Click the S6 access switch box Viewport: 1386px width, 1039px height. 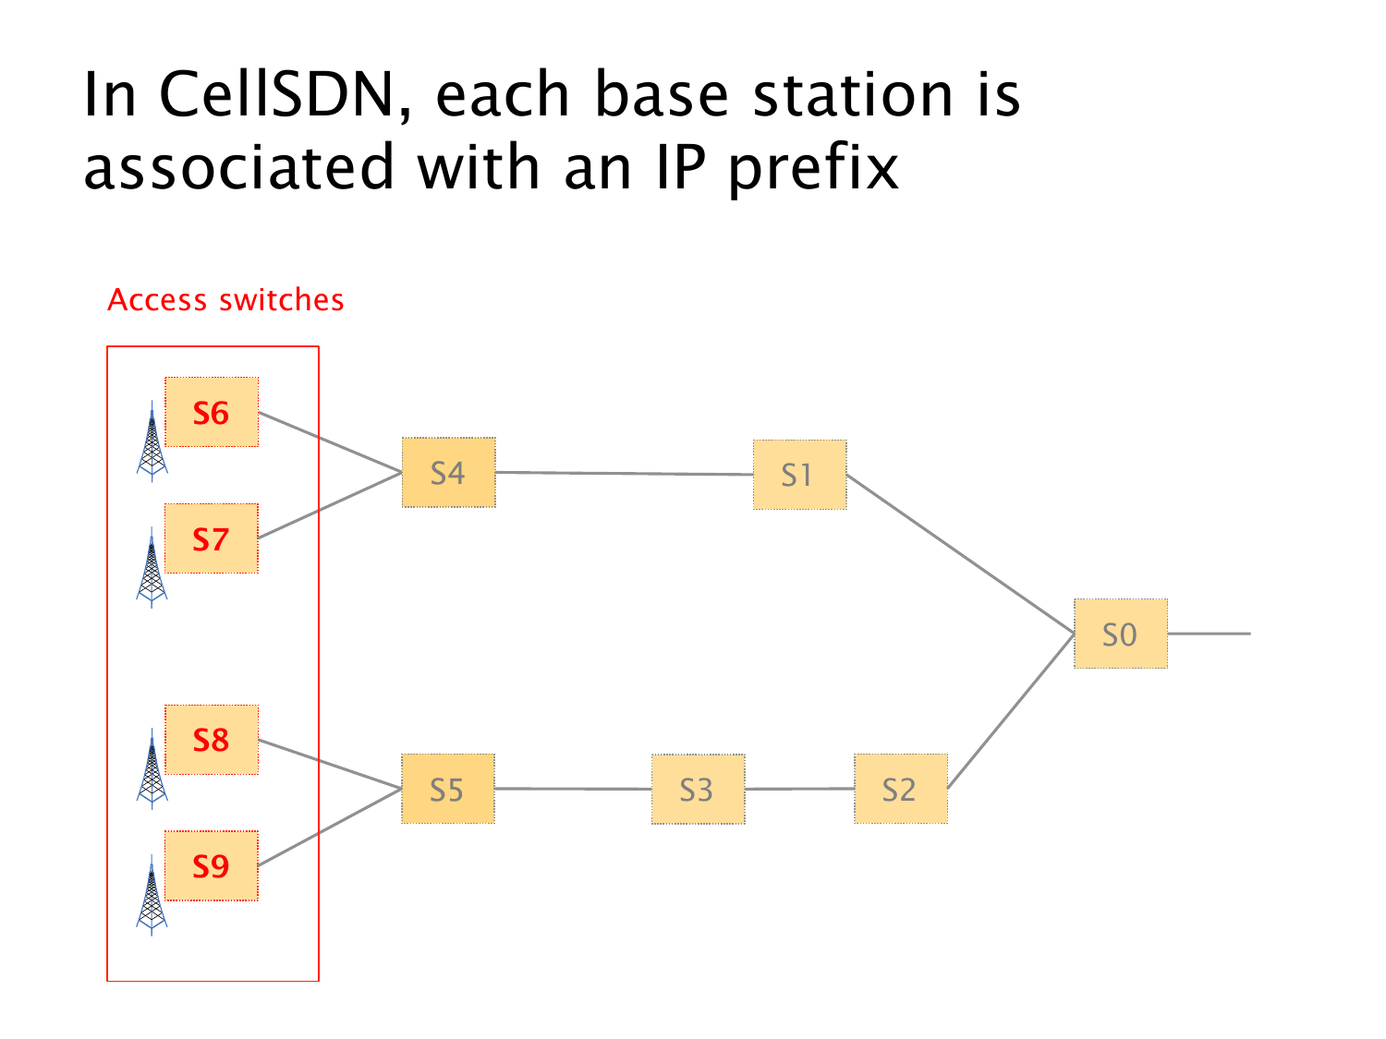[x=212, y=412]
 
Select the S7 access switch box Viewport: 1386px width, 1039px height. [x=212, y=538]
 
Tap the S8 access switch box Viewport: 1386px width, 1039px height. [x=212, y=740]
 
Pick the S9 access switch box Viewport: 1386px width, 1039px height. [x=212, y=865]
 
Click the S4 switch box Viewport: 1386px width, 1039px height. [x=448, y=473]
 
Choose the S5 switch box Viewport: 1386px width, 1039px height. [x=448, y=790]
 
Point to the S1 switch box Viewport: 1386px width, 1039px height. [x=799, y=475]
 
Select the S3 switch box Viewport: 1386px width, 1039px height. [x=698, y=790]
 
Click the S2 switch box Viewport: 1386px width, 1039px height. [x=900, y=790]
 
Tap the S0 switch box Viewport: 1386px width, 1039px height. [x=1120, y=634]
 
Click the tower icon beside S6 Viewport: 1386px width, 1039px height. [x=152, y=441]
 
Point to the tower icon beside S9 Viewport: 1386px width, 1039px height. [x=152, y=896]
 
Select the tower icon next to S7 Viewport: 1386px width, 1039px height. [x=152, y=568]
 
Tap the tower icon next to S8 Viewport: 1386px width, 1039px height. [x=152, y=769]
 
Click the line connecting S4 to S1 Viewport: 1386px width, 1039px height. [x=624, y=474]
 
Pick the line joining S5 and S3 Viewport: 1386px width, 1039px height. [x=573, y=789]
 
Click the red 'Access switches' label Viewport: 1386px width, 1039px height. [x=225, y=300]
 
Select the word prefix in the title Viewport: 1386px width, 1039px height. [x=813, y=168]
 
